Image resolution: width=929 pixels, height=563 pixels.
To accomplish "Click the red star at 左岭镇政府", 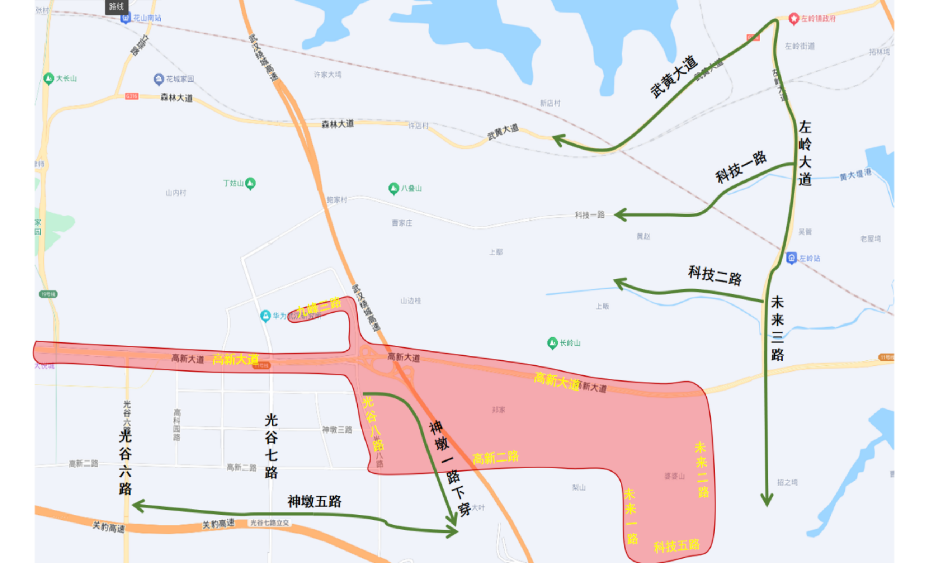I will click(794, 18).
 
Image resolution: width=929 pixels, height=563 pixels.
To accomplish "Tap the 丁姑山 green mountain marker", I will click(250, 184).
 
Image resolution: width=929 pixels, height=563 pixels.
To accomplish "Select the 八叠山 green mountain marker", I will click(393, 188).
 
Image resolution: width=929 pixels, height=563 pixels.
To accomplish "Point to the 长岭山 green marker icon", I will click(552, 343).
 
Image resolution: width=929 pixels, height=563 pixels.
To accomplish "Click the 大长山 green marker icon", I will click(49, 79).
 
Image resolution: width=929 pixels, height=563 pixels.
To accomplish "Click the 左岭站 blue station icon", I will click(791, 258).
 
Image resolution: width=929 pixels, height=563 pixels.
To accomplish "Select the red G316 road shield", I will click(132, 96).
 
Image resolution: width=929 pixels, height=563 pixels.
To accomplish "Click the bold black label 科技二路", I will click(715, 275).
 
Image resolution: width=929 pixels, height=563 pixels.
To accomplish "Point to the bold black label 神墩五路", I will click(314, 502).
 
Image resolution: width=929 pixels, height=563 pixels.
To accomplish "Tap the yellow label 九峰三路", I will click(319, 306).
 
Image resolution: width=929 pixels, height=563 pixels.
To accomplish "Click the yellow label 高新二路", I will click(495, 458).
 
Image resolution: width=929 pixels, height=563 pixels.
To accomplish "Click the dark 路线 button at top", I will click(117, 6).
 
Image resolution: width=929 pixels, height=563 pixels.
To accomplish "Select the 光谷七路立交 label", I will click(269, 523).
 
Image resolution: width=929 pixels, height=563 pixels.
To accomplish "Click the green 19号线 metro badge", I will click(48, 294).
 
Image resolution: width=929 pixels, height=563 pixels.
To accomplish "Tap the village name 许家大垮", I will click(327, 75).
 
